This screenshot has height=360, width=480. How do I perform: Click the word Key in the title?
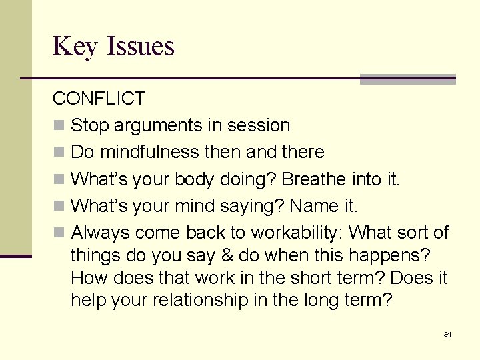pos(74,47)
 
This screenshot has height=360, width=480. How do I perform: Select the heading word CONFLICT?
pos(99,99)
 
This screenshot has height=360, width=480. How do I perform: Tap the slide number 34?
pos(447,333)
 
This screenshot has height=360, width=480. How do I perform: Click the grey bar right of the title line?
pos(407,79)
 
